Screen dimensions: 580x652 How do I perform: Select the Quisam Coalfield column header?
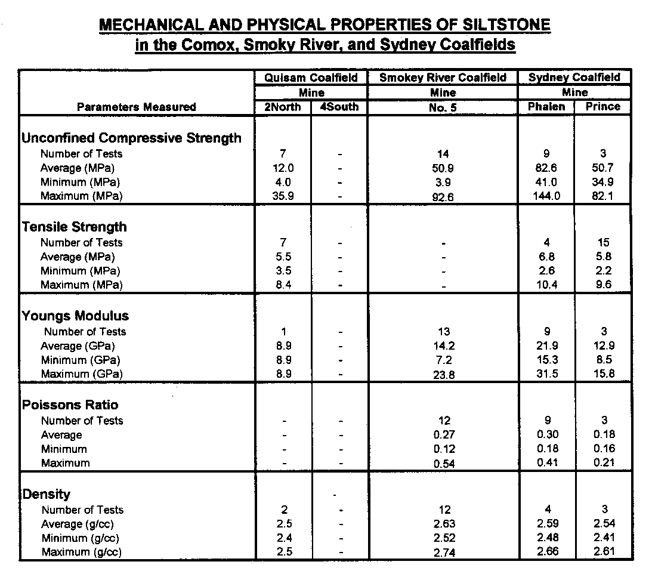tap(311, 78)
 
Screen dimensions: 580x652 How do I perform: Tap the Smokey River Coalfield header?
tap(443, 78)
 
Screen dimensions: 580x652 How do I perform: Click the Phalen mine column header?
tap(546, 106)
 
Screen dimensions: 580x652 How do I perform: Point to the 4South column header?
tap(339, 107)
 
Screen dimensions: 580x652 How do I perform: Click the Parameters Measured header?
tap(137, 107)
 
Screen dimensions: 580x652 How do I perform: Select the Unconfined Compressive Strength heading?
tap(131, 138)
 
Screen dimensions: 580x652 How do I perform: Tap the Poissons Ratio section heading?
tap(70, 405)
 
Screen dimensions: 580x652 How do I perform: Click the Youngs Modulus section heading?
tap(75, 316)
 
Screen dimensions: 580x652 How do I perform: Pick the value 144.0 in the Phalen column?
tap(546, 196)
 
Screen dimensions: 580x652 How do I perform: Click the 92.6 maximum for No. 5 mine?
tap(443, 197)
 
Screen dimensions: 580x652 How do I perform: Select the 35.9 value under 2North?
tap(283, 196)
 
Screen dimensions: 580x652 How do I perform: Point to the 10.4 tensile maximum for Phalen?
tap(546, 285)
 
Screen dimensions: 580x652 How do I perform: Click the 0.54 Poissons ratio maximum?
tap(443, 464)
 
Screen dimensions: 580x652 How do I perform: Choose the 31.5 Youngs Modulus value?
tap(546, 374)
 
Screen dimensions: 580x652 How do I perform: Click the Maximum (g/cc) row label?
tap(81, 552)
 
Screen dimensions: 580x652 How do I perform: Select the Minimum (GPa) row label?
tap(80, 360)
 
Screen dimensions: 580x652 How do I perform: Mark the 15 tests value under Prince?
tap(603, 242)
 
